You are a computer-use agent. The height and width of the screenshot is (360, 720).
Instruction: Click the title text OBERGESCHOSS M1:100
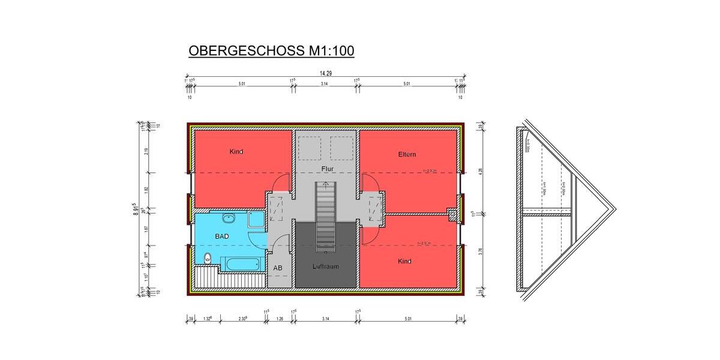271,51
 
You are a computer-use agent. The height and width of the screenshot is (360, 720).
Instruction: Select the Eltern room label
407,154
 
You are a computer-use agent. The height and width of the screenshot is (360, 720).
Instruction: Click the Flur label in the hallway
327,169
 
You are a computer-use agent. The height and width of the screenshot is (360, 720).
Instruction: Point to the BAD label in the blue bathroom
222,236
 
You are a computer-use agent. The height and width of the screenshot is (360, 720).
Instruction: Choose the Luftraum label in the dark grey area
326,265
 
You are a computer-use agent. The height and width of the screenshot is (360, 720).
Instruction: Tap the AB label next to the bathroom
278,268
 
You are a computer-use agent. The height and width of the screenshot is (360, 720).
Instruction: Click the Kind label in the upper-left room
236,152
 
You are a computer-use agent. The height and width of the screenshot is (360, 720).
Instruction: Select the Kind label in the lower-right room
405,262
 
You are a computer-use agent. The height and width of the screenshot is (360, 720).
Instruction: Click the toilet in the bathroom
206,259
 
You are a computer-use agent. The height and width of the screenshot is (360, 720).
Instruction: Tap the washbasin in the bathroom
229,218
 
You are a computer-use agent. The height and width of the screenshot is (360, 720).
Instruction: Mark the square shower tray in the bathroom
254,220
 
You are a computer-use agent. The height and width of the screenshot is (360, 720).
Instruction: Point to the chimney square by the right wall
452,213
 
